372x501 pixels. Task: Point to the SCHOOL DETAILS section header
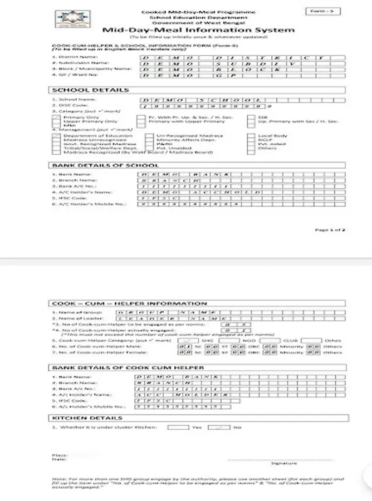point(90,90)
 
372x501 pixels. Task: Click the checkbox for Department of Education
point(56,135)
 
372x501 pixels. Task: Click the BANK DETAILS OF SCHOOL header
point(105,165)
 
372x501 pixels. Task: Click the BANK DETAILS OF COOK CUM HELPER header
point(128,367)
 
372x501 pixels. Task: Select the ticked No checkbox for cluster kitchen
point(219,428)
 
